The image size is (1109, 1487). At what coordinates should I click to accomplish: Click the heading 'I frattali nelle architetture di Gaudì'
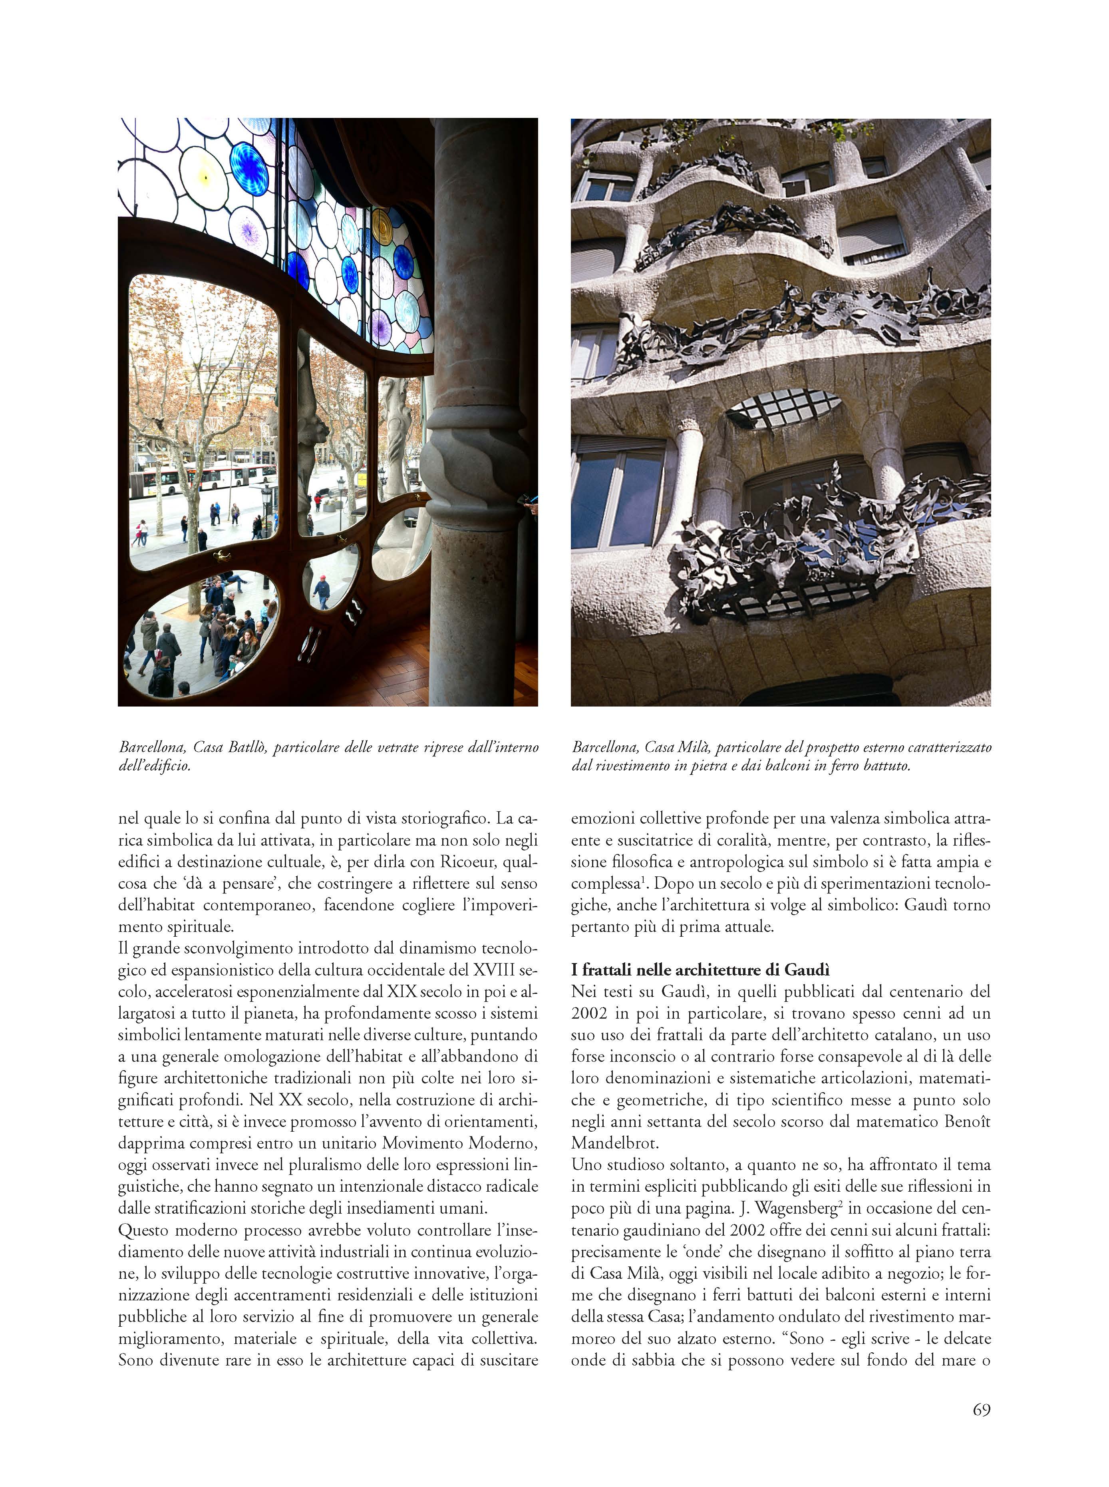click(x=700, y=969)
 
